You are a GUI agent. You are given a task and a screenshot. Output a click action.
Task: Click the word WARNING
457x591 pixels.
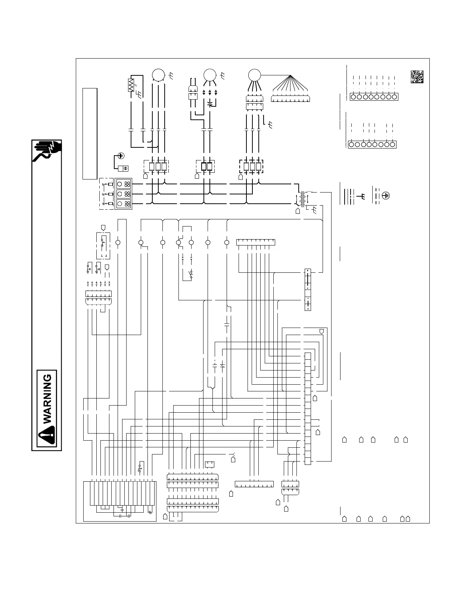(48, 399)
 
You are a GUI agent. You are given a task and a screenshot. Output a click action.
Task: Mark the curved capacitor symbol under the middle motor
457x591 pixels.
(210, 102)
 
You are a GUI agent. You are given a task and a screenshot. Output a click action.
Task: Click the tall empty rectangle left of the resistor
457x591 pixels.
(90, 134)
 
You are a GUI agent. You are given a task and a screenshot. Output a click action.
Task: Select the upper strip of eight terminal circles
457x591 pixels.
(374, 97)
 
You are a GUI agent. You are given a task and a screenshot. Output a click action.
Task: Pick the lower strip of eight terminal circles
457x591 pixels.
(372, 144)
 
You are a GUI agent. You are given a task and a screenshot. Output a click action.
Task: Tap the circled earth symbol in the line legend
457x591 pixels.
(386, 195)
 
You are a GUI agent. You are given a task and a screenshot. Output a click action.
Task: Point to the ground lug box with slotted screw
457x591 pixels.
(123, 168)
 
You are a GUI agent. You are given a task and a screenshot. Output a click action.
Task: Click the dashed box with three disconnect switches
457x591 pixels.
(106, 194)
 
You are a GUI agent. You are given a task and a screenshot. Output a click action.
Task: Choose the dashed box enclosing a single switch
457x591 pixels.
(103, 246)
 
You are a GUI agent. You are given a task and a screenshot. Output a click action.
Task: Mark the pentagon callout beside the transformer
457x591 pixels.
(298, 211)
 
